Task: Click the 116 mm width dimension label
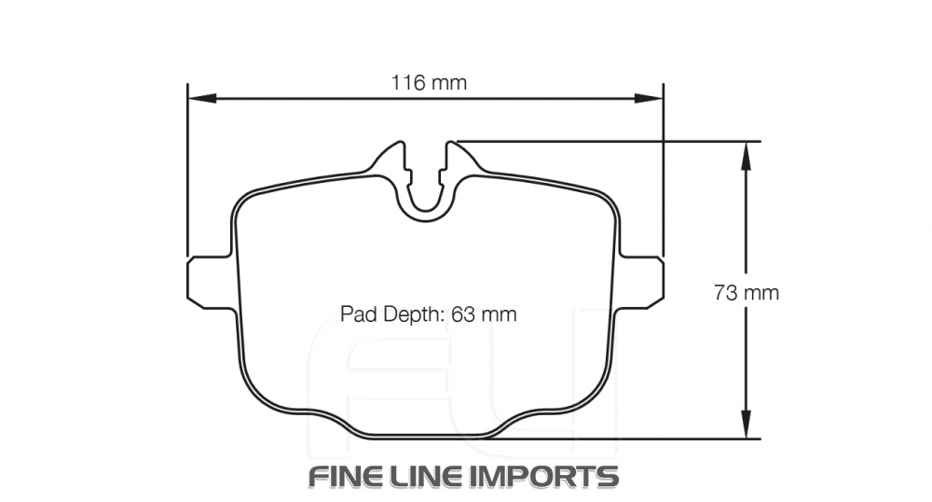pyautogui.click(x=428, y=82)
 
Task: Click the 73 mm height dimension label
pyautogui.click(x=746, y=293)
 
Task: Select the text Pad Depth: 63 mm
pyautogui.click(x=428, y=314)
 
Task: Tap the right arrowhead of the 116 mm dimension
pyautogui.click(x=649, y=97)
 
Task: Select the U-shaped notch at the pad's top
pyautogui.click(x=428, y=191)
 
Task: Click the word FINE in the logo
pyautogui.click(x=350, y=476)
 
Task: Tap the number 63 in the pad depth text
pyautogui.click(x=463, y=314)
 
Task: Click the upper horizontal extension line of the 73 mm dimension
pyautogui.click(x=606, y=142)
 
